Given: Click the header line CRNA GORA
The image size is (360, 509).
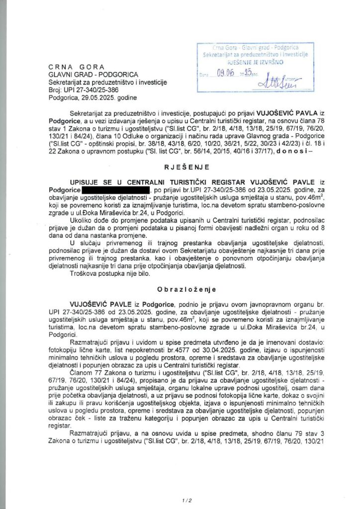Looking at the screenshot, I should coord(77,67).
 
